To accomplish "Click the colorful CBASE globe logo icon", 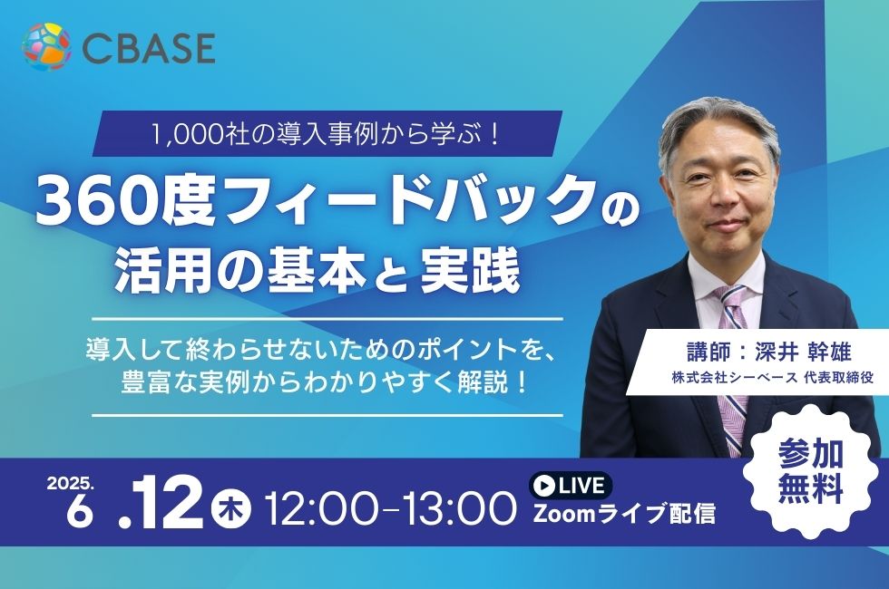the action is (x=46, y=46).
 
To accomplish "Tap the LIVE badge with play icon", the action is (x=571, y=486).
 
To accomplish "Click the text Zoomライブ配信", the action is (x=624, y=515).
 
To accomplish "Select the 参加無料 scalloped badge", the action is (x=810, y=469).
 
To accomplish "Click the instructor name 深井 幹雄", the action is (x=802, y=352).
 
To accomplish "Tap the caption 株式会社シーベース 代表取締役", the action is (x=772, y=377).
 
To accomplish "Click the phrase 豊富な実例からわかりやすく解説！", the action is (x=326, y=383).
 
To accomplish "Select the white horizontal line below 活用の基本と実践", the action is (x=327, y=319).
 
